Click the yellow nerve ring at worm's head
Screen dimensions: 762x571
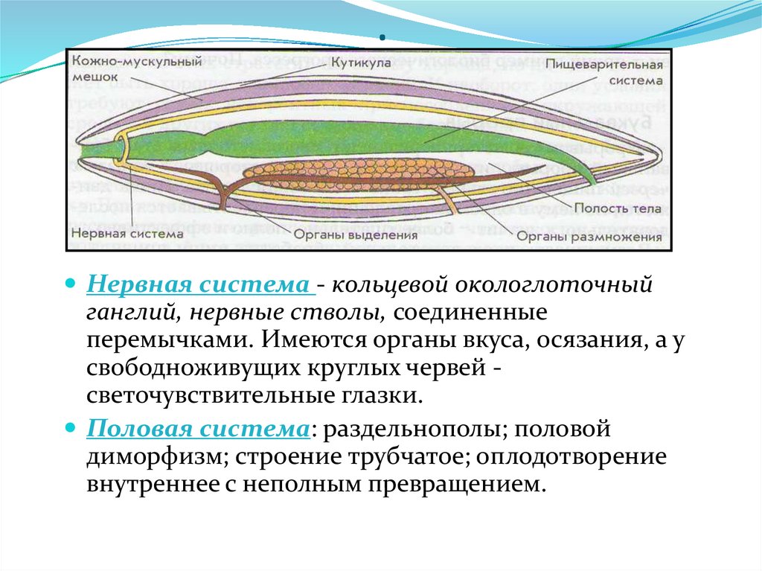(123, 148)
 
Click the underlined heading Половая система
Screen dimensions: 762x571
(198, 430)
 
